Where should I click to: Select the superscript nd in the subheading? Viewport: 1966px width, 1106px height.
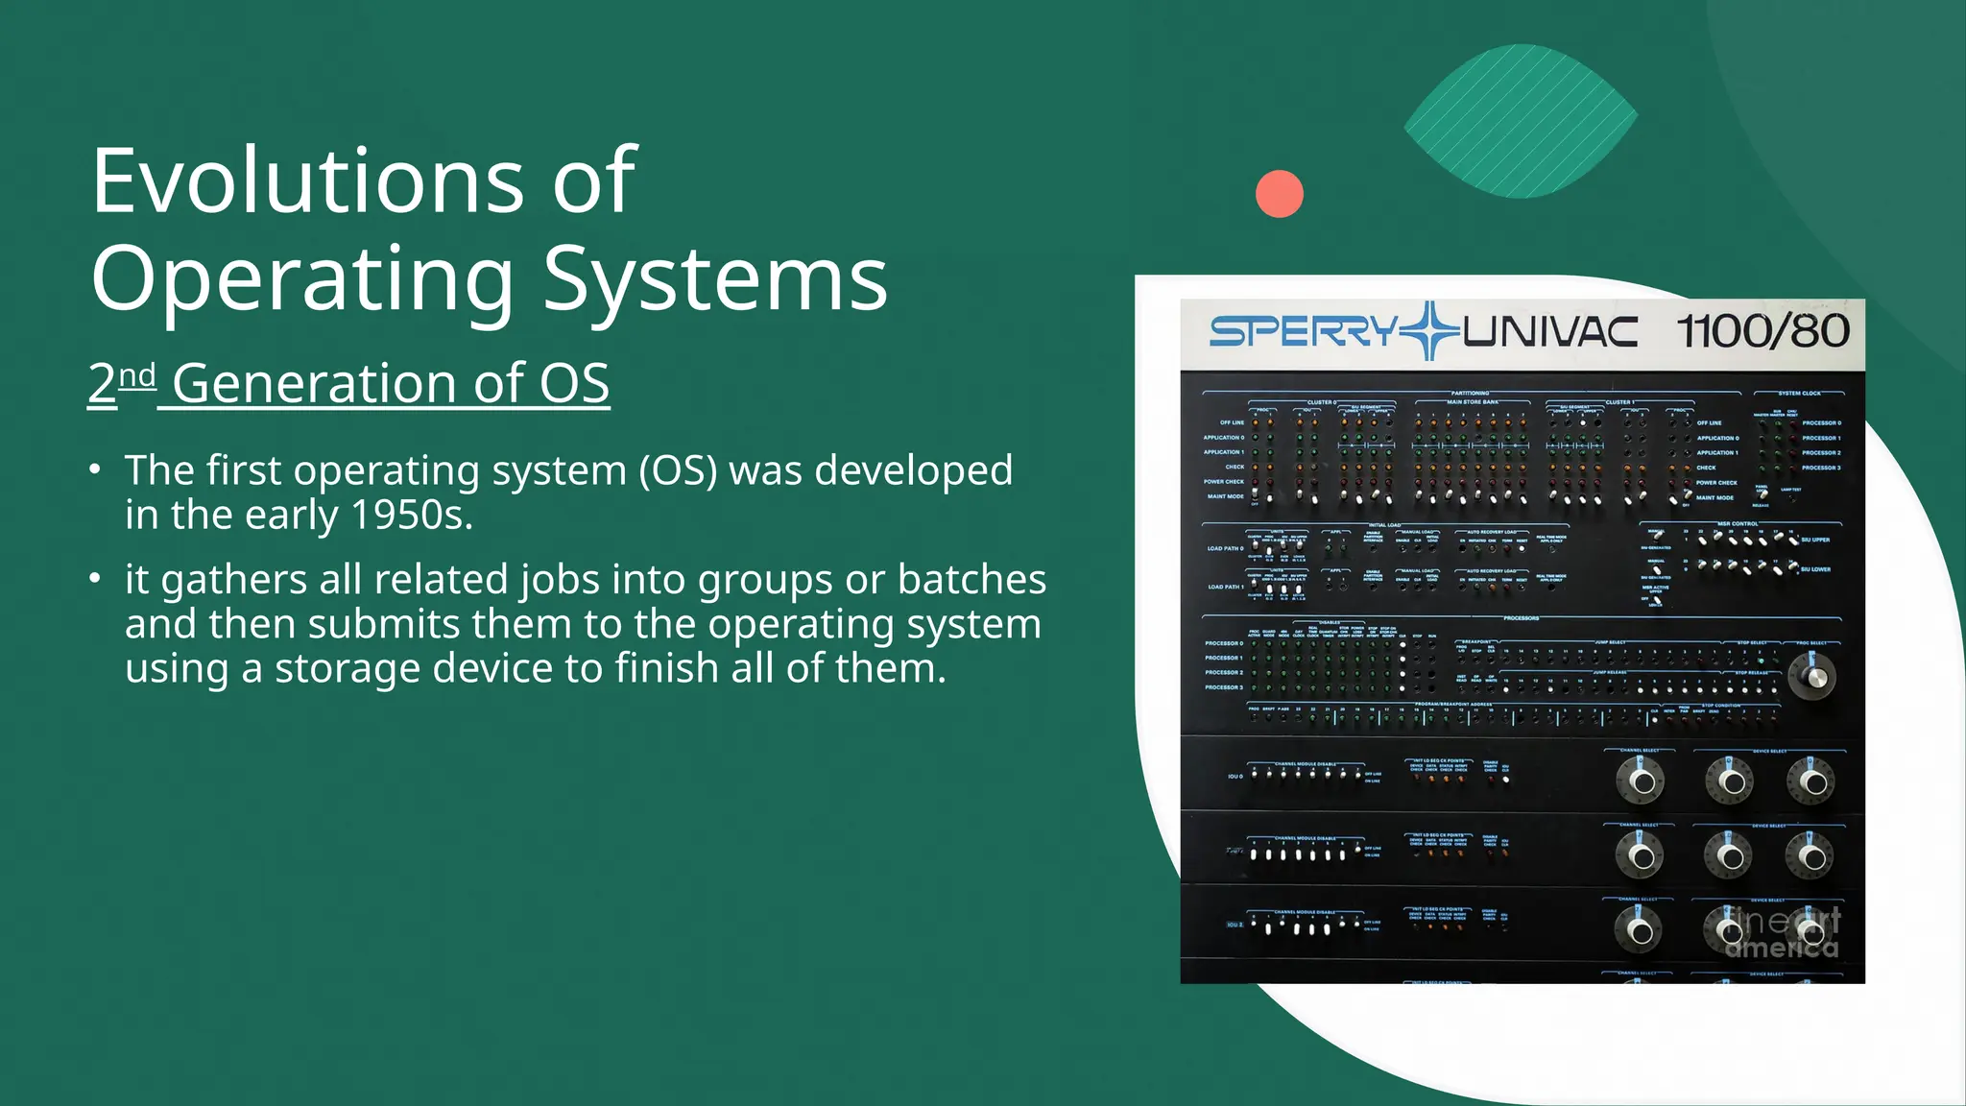137,375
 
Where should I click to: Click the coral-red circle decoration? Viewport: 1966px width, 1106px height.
1280,193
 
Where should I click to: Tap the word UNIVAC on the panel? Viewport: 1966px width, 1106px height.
1549,333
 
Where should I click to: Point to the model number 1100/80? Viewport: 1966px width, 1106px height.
1762,332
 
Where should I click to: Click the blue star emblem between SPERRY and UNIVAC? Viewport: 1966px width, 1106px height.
1430,331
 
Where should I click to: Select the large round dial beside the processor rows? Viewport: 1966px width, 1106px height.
1812,676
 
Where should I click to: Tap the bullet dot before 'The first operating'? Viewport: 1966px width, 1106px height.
94,470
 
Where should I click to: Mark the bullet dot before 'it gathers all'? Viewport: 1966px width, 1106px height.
94,579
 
